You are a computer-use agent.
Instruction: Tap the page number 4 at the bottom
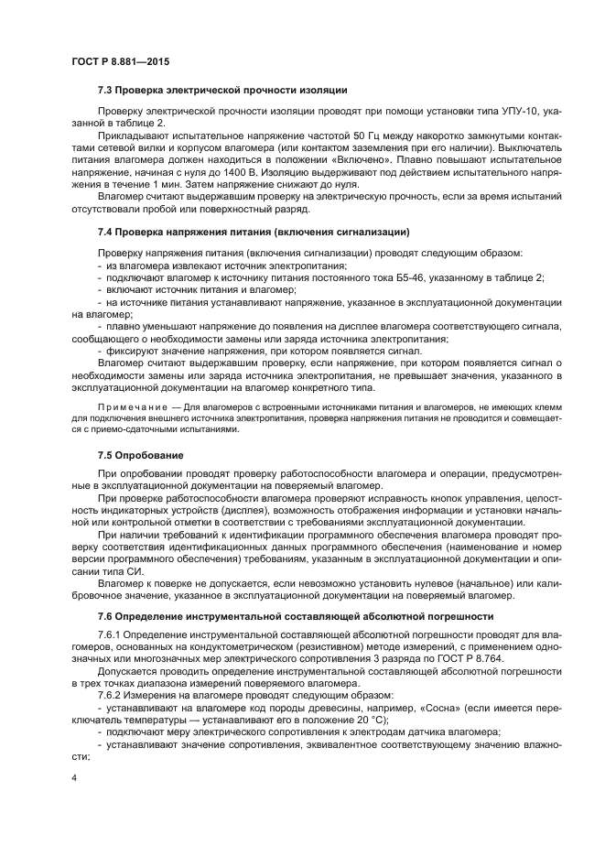[74, 778]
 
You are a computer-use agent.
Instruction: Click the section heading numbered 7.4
[253, 231]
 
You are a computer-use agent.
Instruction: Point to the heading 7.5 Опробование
[141, 454]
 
